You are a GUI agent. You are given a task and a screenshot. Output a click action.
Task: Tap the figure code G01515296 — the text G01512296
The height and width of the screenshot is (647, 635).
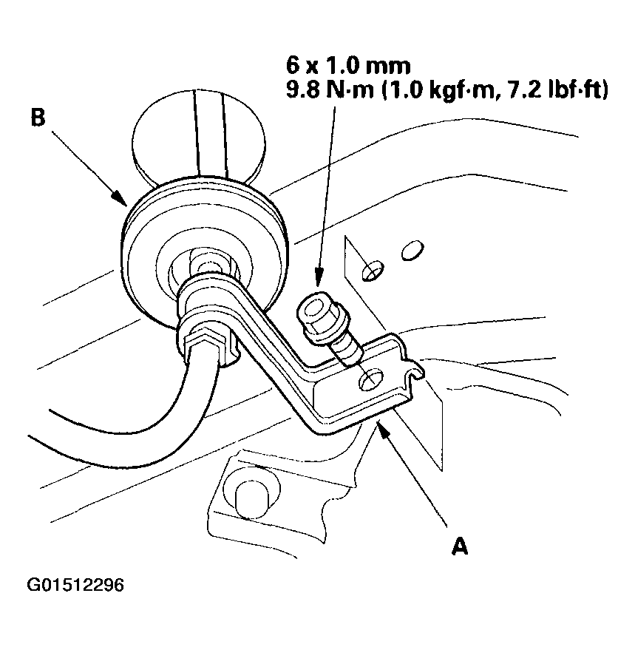[x=75, y=586]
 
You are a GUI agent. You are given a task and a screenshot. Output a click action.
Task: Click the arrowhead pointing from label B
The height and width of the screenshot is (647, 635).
[x=118, y=197]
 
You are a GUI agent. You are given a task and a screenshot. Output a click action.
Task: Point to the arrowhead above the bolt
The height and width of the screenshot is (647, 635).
[x=319, y=280]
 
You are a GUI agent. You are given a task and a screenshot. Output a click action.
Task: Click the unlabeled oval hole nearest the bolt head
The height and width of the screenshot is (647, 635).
[x=373, y=271]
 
